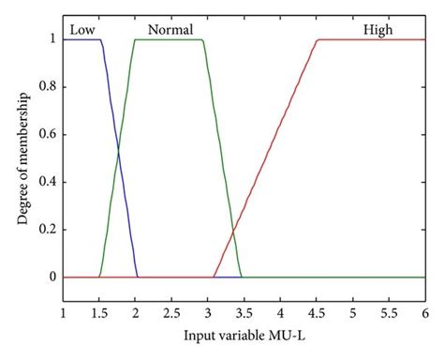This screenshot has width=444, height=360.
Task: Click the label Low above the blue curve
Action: [x=82, y=30]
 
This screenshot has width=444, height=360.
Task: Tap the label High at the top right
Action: [x=378, y=30]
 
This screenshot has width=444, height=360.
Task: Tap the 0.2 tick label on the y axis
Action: [x=47, y=230]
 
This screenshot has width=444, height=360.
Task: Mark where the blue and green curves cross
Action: [x=119, y=150]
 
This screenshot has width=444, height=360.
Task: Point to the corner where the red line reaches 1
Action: [x=318, y=40]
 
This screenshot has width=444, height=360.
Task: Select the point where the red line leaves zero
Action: [x=215, y=277]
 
